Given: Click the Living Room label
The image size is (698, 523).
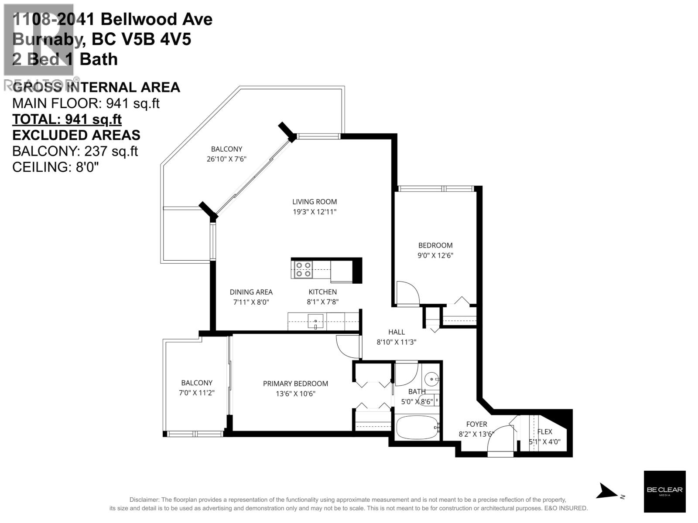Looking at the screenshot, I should [x=314, y=202].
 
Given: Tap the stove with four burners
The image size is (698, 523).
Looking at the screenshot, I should [x=302, y=269].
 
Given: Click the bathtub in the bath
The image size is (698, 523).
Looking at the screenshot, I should [x=417, y=427].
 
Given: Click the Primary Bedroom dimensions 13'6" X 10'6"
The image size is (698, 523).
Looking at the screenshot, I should [x=295, y=394].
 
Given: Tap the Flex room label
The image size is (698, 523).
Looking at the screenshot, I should [x=544, y=431].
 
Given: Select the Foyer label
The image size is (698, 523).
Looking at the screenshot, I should [x=476, y=424].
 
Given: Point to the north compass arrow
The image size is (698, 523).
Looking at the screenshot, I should [x=609, y=491].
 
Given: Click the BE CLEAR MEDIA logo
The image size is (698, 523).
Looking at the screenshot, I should [x=664, y=491].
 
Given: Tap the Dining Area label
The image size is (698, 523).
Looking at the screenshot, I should [x=251, y=292].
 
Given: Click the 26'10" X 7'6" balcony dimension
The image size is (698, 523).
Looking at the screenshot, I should [x=226, y=159].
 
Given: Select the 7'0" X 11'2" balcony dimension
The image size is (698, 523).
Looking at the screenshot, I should [x=197, y=393].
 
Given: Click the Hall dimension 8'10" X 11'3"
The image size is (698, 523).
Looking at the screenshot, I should [x=396, y=343].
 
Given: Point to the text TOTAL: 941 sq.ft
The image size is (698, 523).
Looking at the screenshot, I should [x=67, y=119].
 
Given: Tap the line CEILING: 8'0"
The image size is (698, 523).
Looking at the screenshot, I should [x=55, y=167].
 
